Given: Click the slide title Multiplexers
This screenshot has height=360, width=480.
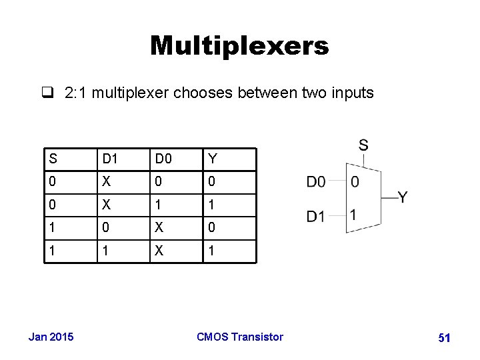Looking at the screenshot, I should pos(239,46).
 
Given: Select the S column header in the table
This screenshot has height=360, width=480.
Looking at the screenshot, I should pos(53,159).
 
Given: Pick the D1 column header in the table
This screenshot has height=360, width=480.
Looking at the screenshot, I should pos(109,159).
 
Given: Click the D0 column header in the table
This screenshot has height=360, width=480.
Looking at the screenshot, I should pos(163,159).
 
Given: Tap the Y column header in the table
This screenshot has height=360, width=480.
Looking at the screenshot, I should pos(213,159).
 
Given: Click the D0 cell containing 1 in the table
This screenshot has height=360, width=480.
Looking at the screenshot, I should pos(159,205).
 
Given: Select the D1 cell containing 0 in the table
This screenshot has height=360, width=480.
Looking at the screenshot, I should pos(105,228).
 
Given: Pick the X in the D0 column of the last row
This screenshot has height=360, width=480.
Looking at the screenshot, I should pos(159,251).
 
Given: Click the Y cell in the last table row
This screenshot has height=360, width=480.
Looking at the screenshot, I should pos(212,251).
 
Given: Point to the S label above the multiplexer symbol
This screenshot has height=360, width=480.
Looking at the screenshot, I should pos(363,145).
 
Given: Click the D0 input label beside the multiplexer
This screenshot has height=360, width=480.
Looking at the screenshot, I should pos(316,181).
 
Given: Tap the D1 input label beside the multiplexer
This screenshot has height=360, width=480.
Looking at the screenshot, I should pos(316,217).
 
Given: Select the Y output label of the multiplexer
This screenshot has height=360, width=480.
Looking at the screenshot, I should pos(403,197).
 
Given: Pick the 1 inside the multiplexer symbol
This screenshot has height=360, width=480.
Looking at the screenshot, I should pos(353,215).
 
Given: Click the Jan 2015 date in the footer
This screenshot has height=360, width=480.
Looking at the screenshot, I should pos(51,337).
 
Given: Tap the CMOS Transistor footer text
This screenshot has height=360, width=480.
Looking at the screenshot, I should pos(240,337).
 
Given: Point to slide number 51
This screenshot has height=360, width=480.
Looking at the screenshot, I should pos(444,338).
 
